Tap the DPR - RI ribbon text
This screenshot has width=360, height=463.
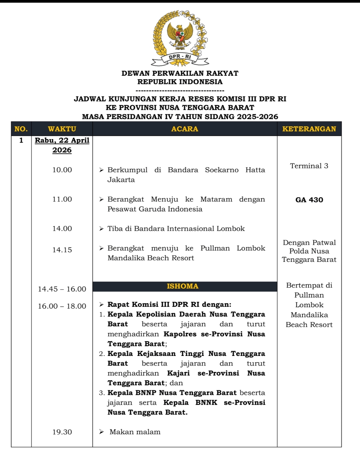180,57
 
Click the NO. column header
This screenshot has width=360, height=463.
21,129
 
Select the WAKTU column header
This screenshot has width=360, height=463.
62,129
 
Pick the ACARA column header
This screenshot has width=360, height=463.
185,129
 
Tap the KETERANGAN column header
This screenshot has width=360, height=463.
309,129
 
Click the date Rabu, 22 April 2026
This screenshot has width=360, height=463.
62,145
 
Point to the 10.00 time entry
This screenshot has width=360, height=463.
62,170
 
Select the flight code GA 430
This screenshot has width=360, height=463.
309,200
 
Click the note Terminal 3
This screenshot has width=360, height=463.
309,166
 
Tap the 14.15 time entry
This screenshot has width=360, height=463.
62,250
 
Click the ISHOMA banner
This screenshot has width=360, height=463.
183,286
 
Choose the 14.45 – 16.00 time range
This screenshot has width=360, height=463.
62,289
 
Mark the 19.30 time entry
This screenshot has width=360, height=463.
62,432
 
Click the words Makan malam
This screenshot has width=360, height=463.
135,432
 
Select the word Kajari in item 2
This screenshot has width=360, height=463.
178,373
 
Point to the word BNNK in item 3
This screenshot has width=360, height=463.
206,403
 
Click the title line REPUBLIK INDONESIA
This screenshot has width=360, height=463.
180,82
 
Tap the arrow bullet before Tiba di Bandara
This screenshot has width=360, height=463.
102,229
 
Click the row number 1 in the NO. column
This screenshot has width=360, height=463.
21,140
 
